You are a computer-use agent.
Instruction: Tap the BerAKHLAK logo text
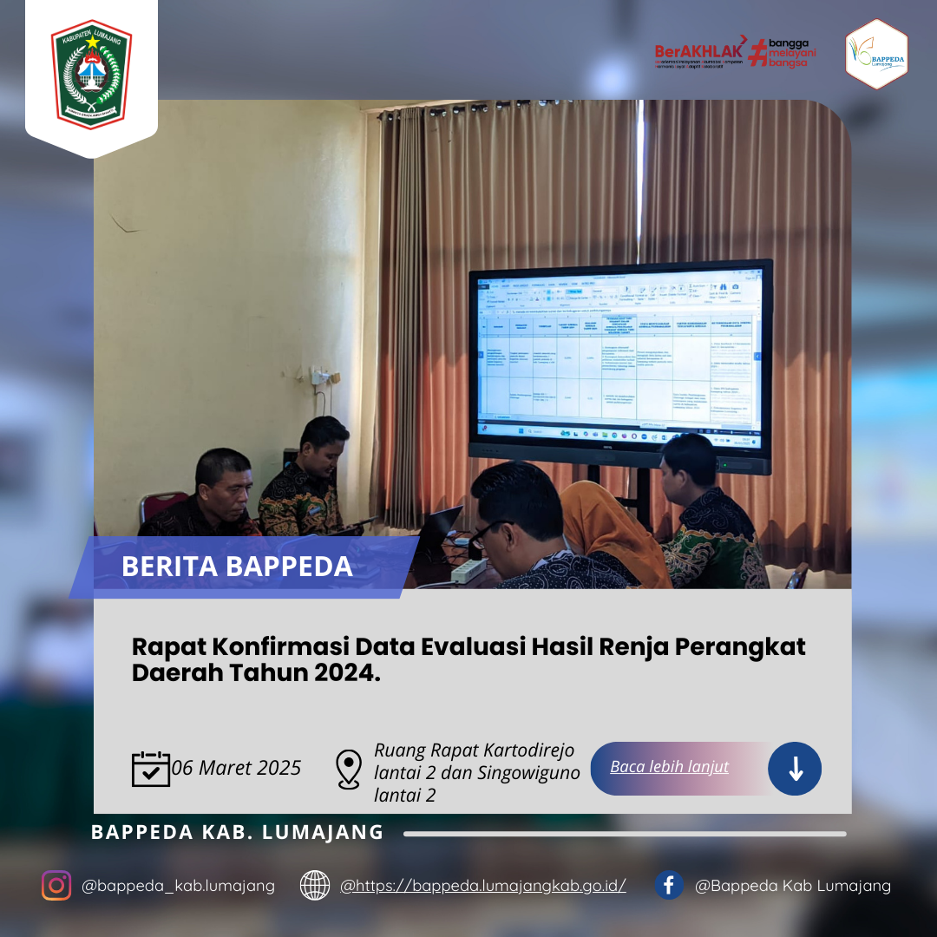tap(698, 50)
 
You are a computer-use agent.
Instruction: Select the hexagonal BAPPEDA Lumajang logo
tap(876, 55)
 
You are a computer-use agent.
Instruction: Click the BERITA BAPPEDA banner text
tap(237, 567)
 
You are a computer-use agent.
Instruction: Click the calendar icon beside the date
tap(151, 769)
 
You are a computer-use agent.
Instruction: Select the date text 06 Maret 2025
tap(237, 768)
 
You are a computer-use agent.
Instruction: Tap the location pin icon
tap(348, 770)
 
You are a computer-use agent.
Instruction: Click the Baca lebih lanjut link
tap(669, 767)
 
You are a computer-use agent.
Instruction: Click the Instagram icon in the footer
tap(56, 886)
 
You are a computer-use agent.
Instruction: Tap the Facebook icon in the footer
tap(669, 886)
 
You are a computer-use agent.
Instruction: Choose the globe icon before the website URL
tap(315, 886)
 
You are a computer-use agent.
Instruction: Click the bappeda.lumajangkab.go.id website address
tap(483, 886)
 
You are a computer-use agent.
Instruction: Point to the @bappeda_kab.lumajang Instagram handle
tap(178, 886)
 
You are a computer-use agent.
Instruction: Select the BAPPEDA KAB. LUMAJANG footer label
tap(237, 832)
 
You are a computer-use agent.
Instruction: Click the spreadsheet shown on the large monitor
tap(618, 356)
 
